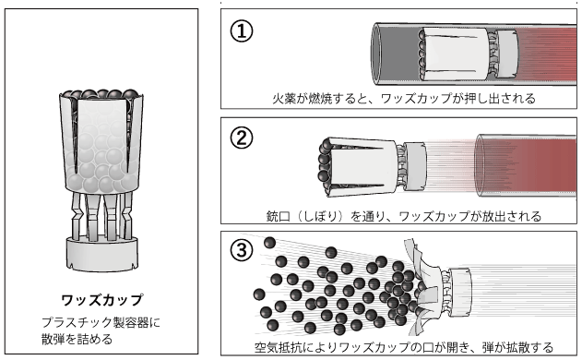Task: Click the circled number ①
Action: [x=242, y=30]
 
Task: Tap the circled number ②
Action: [x=242, y=138]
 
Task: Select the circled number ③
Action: [x=242, y=249]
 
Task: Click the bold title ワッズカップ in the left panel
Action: [x=101, y=300]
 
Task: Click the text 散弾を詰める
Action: [x=77, y=339]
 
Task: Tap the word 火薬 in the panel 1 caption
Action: [x=284, y=99]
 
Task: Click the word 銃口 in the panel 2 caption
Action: [x=278, y=216]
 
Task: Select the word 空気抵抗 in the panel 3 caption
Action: [x=278, y=347]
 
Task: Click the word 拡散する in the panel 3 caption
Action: [x=529, y=347]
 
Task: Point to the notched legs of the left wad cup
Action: [x=102, y=215]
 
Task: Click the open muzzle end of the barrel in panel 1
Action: [x=376, y=54]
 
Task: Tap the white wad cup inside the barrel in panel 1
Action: [x=455, y=54]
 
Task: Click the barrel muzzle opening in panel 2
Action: [x=480, y=166]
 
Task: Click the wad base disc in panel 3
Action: [x=460, y=293]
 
